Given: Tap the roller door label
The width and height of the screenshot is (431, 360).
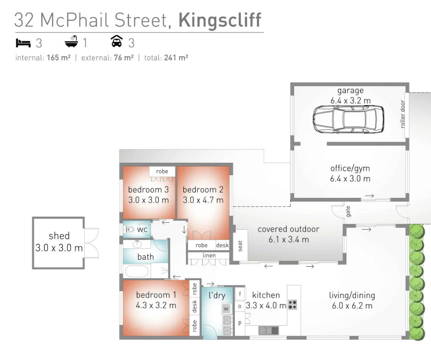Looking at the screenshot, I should pos(403,114).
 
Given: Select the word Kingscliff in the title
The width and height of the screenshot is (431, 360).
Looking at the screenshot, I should pos(220,20).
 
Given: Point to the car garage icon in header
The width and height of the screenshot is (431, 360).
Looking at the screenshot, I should pos(117,43).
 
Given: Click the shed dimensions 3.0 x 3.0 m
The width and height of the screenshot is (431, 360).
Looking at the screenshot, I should pos(59,248).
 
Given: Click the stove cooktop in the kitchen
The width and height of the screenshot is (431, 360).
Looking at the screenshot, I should pos(293,304).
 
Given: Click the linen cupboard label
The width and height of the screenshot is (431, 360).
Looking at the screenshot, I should pos(209,255).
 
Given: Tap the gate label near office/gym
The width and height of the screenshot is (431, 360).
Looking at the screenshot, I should pos(348,211).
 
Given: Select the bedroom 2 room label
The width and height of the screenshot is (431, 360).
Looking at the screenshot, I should pos(203,189).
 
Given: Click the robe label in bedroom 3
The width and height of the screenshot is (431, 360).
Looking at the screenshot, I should pos(162,171).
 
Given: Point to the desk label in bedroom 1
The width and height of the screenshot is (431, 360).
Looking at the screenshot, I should pos(194,306).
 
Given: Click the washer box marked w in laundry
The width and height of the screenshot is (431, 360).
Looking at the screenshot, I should pos(226,309).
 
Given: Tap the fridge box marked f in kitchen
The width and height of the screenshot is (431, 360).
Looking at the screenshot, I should pos(240,293).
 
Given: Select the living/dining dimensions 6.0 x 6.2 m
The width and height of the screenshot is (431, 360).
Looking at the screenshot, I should pos(352,306).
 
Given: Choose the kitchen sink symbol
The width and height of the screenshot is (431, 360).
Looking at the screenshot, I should pos(269,329).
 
